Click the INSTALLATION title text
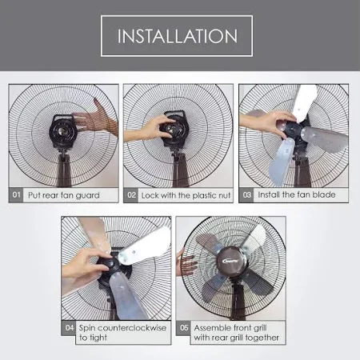[177, 36]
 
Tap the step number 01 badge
[16, 195]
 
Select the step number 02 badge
[131, 195]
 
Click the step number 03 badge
[246, 195]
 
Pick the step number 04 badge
[69, 328]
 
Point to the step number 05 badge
[184, 328]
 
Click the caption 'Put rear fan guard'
[64, 195]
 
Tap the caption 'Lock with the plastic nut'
[186, 195]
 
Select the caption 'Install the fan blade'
[297, 194]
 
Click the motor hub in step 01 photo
[63, 131]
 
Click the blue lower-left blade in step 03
[282, 162]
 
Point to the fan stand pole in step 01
[64, 170]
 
